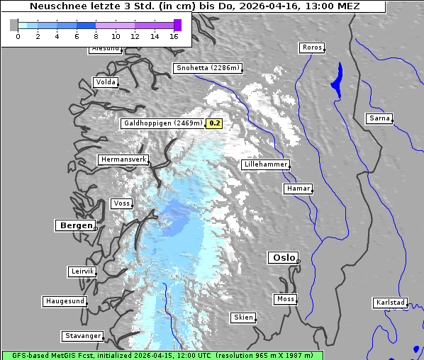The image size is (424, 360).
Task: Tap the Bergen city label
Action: [x=74, y=225]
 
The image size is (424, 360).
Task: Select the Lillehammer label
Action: [x=266, y=164]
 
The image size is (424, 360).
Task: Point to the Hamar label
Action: [x=297, y=189]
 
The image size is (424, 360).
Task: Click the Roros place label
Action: [x=311, y=47]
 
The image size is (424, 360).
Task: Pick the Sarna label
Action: [x=379, y=118]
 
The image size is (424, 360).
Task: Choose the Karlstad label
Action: [x=390, y=303]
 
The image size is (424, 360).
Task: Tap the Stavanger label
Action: [x=82, y=336]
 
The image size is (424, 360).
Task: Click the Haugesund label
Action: [x=65, y=301]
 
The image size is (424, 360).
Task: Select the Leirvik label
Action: [x=82, y=271]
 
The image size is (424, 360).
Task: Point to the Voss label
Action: [x=121, y=203]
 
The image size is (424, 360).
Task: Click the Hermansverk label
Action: [x=123, y=159]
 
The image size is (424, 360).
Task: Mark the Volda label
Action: [x=105, y=82]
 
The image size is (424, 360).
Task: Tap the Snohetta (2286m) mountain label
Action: [x=208, y=68]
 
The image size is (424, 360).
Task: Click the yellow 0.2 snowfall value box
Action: [x=214, y=123]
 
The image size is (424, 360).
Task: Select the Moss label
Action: [x=285, y=299]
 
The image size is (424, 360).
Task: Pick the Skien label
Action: [x=242, y=317]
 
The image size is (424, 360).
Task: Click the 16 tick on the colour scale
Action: [x=174, y=36]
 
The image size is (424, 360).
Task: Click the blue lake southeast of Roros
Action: [x=336, y=79]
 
